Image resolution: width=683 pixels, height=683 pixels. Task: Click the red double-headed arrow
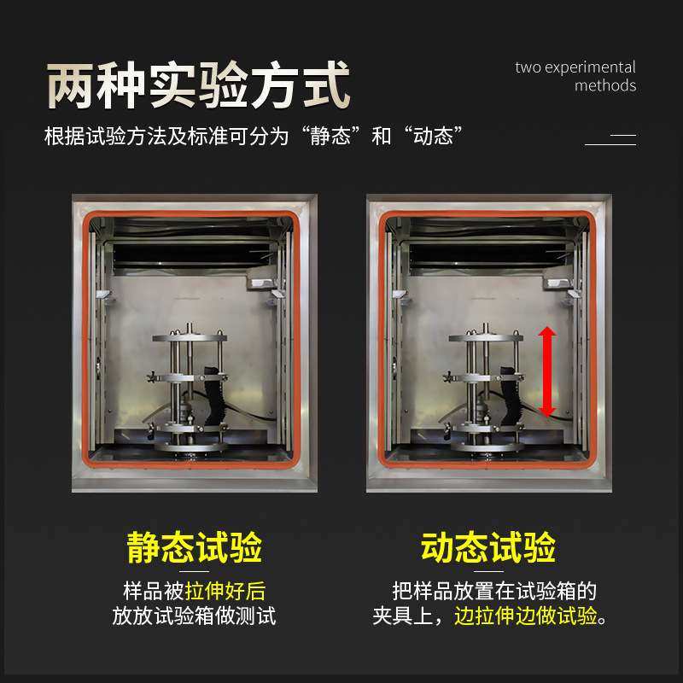click(x=547, y=372)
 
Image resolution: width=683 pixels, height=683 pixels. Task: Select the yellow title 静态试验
click(x=195, y=547)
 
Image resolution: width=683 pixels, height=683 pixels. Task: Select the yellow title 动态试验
click(x=488, y=547)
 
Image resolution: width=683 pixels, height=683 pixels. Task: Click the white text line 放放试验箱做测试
click(x=195, y=616)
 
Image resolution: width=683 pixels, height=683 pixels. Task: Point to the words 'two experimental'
click(x=575, y=67)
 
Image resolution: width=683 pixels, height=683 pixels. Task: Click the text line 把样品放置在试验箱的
click(x=493, y=591)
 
